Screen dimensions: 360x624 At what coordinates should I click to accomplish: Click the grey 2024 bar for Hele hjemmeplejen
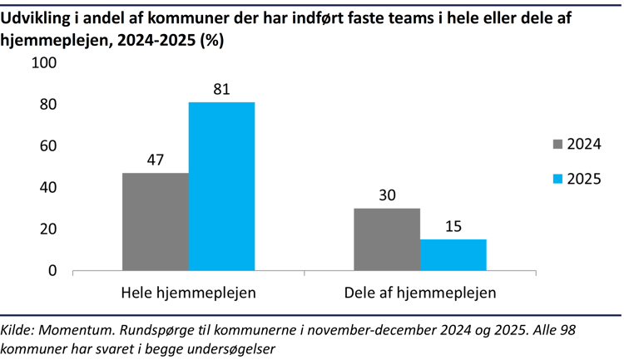tap(156, 222)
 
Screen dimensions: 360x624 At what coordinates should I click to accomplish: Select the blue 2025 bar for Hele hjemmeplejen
tap(221, 186)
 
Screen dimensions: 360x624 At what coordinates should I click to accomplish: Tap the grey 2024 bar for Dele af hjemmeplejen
tap(387, 239)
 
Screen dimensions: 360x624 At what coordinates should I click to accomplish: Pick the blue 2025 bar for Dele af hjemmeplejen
tap(453, 255)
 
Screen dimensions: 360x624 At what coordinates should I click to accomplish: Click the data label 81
tap(221, 87)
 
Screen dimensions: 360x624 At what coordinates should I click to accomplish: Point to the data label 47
tap(156, 159)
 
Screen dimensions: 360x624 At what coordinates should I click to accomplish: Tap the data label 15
tap(453, 225)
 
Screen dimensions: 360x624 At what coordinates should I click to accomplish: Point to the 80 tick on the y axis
tap(47, 105)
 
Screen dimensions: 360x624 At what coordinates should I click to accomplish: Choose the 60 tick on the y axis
tap(47, 146)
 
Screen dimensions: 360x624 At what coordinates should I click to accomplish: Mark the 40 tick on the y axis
tap(47, 188)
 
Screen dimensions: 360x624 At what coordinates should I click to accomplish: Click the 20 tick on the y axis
tap(47, 229)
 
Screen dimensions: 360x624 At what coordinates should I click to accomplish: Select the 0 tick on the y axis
tap(52, 271)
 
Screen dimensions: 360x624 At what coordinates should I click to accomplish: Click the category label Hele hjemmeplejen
tap(188, 293)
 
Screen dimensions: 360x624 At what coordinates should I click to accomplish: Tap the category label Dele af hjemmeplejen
tap(420, 293)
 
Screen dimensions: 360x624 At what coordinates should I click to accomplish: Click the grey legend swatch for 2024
tap(557, 144)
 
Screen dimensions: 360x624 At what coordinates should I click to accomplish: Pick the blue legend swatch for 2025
tap(557, 179)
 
